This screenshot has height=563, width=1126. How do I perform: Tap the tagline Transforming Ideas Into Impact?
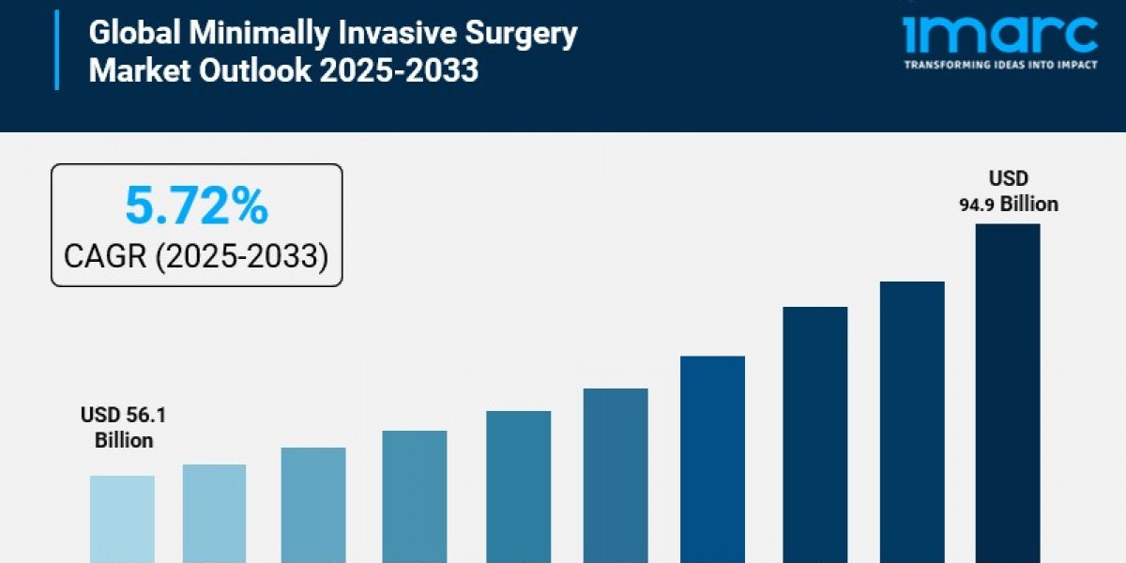click(x=999, y=65)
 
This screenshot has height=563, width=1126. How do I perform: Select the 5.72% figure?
click(x=196, y=207)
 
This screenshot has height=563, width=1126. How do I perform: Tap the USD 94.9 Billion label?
click(x=1008, y=191)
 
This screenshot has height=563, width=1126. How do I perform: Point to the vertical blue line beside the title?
click(x=57, y=51)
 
